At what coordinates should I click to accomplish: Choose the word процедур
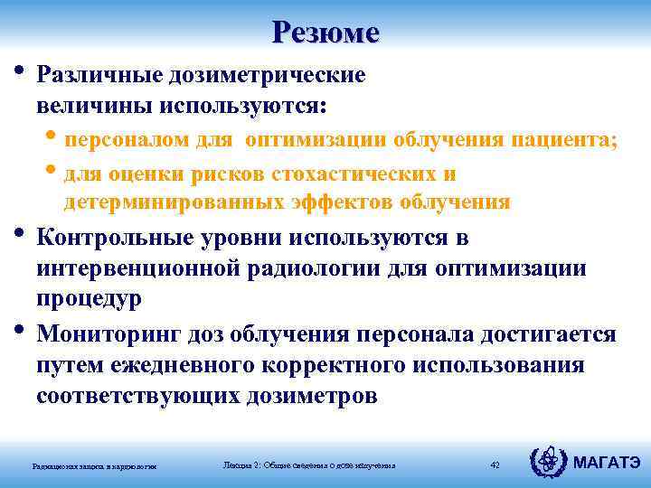(x=89, y=299)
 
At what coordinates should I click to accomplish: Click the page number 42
(x=495, y=465)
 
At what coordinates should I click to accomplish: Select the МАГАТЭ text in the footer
(x=608, y=463)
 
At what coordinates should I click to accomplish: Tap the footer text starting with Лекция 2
(x=308, y=465)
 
